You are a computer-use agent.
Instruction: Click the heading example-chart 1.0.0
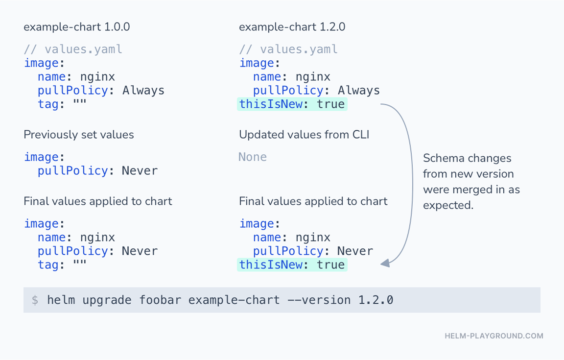coord(76,27)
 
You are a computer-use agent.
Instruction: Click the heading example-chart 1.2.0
coord(292,27)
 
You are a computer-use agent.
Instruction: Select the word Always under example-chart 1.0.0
coord(143,90)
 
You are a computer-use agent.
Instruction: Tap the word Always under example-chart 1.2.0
coord(358,90)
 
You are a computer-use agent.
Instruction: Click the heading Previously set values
coord(79,135)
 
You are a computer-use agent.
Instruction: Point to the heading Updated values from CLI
coord(305,135)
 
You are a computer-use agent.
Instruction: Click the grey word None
coord(253,157)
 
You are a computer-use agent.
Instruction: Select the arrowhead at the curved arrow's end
coord(385,263)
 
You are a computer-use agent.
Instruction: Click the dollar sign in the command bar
coord(35,300)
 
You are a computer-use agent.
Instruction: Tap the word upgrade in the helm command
coord(107,300)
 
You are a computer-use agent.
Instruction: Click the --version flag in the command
coord(319,300)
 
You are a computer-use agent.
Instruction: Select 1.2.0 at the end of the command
coord(376,300)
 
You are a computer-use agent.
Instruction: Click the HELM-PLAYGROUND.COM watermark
coord(494,336)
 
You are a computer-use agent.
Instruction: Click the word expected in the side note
coord(448,206)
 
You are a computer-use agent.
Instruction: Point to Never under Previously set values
coord(140,170)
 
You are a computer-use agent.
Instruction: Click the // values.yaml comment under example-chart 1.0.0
coord(73,49)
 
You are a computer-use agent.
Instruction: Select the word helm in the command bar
coord(61,300)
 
